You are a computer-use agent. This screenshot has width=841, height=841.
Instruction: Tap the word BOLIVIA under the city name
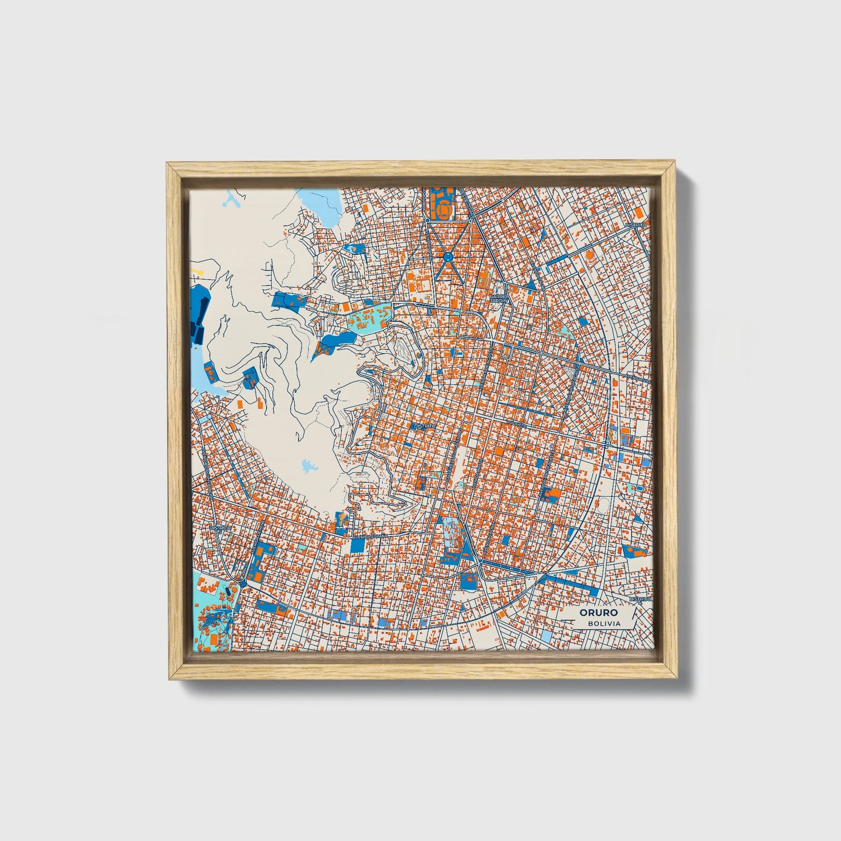604,623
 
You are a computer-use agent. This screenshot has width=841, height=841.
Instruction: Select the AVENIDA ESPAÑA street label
374,534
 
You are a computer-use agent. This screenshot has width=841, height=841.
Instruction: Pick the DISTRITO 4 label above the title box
639,598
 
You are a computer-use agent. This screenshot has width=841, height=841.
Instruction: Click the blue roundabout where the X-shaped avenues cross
448,256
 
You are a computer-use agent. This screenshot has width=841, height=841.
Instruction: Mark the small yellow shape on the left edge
198,271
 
